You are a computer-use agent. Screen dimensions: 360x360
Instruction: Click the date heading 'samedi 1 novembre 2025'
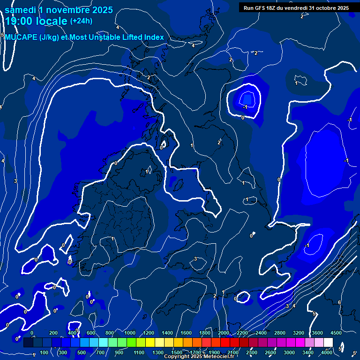[59, 9]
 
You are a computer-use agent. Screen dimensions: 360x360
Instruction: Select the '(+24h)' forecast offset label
[81, 21]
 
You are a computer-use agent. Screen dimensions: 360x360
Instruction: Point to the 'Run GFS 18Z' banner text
[261, 7]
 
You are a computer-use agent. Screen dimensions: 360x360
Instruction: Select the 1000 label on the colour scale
[129, 333]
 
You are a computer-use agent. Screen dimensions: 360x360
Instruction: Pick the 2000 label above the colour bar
[224, 333]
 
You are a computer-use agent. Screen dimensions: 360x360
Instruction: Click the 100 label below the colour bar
[45, 352]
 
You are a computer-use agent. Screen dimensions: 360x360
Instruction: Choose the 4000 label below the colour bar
[328, 352]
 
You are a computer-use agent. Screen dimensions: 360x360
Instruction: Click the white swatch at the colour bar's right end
[328, 342]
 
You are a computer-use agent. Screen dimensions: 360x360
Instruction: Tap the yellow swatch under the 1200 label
[149, 342]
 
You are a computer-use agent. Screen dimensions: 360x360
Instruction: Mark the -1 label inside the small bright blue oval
[245, 107]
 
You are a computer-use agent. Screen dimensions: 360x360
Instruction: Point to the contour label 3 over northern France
[195, 259]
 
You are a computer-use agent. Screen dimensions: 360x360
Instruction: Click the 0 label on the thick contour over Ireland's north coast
[116, 163]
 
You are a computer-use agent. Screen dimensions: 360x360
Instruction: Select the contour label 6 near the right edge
[339, 303]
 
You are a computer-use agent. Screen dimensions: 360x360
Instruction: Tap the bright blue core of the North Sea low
[247, 98]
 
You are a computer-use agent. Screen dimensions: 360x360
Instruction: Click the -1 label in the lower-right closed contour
[307, 246]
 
